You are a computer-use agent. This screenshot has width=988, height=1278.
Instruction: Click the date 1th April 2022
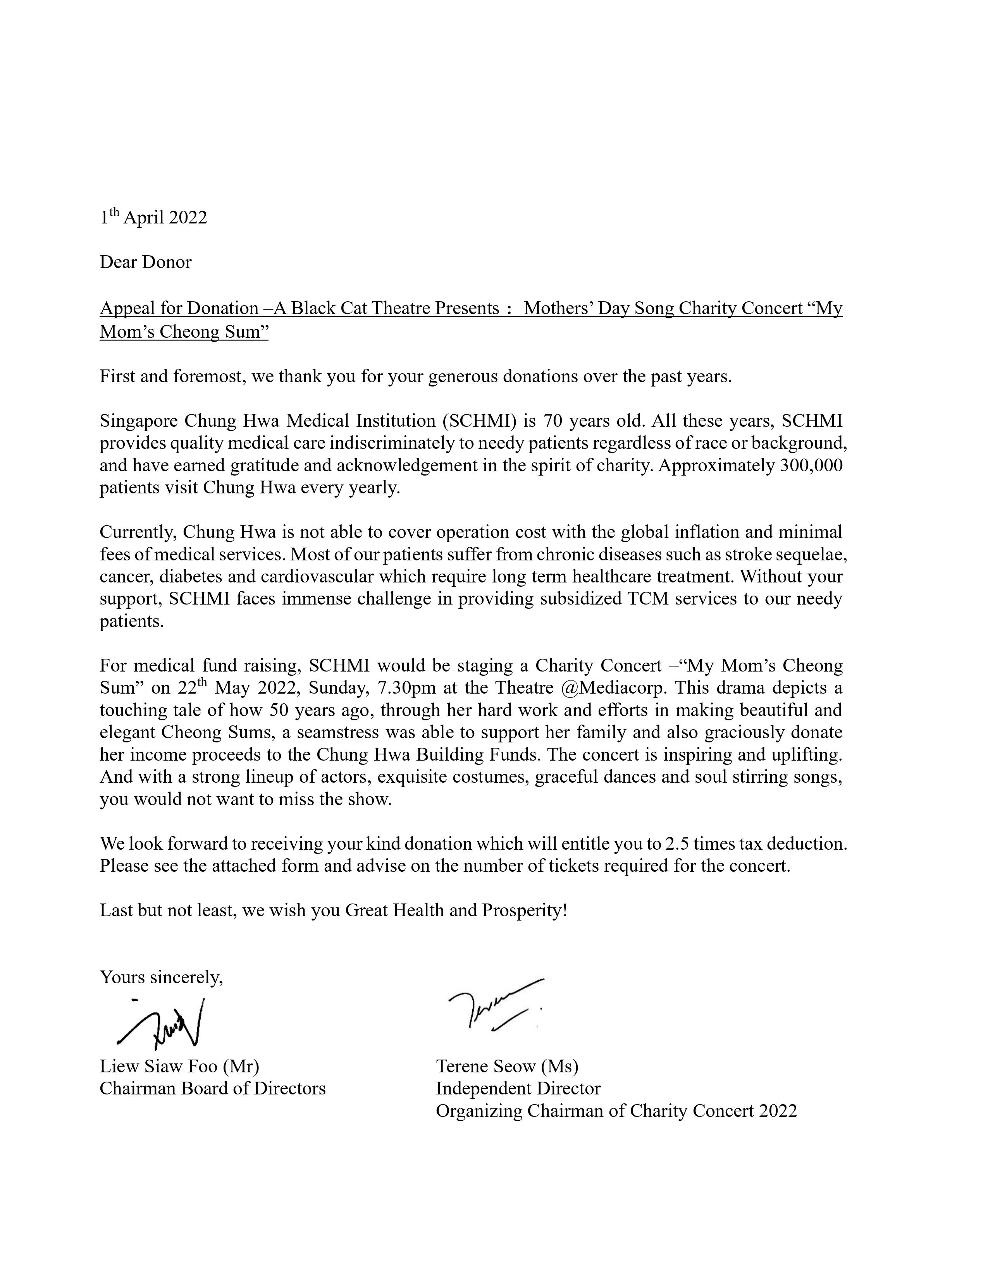[x=153, y=217]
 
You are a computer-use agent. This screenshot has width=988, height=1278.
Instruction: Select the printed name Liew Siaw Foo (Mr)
[x=179, y=1066]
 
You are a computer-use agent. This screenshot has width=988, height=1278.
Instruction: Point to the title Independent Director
[x=518, y=1088]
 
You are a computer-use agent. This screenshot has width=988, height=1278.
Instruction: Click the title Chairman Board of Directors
[x=212, y=1088]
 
